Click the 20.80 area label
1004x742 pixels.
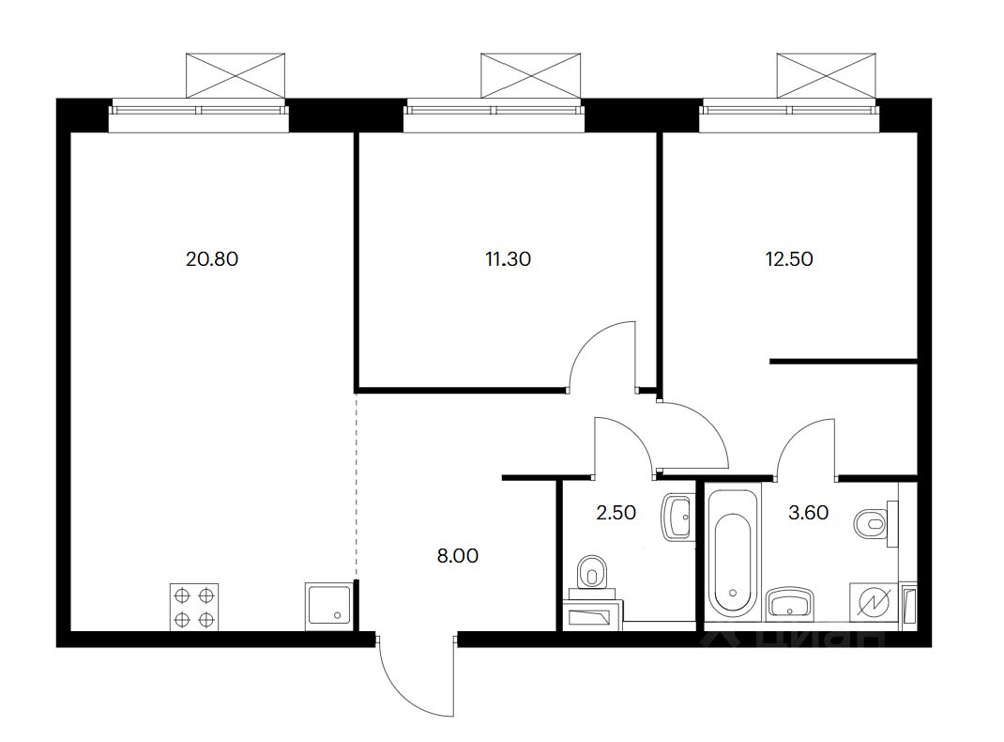pyautogui.click(x=213, y=259)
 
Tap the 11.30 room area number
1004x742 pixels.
pyautogui.click(x=508, y=259)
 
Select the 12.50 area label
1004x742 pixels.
pyautogui.click(x=789, y=259)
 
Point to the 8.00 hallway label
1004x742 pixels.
pyautogui.click(x=458, y=556)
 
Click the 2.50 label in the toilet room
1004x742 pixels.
pyautogui.click(x=616, y=513)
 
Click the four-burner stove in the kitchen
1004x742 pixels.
pyautogui.click(x=194, y=607)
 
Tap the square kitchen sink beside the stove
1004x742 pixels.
pyautogui.click(x=328, y=607)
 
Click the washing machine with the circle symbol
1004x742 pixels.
pyautogui.click(x=872, y=603)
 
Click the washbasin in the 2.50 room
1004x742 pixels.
pyautogui.click(x=677, y=516)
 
